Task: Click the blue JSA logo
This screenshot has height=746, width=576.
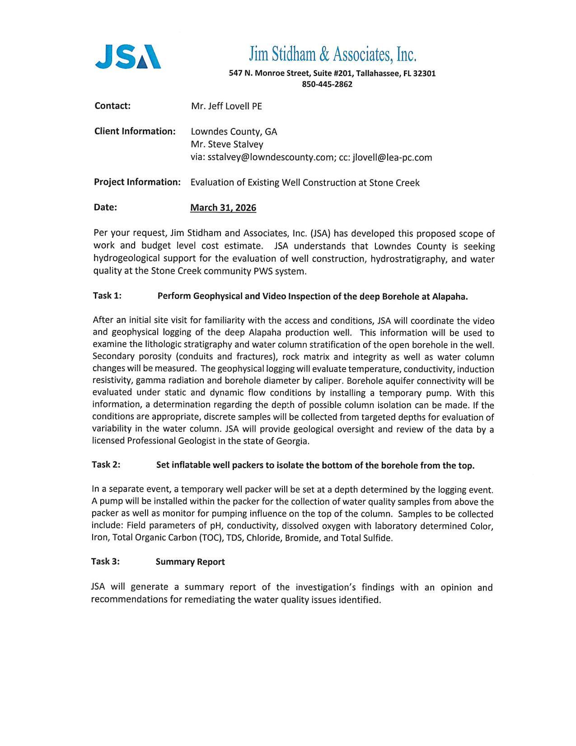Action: click(128, 57)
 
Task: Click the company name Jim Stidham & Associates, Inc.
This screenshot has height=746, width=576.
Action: click(332, 55)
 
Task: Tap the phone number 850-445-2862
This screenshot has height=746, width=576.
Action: click(327, 84)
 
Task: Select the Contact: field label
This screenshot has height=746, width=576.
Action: click(112, 106)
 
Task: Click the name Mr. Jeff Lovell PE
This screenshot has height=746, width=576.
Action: click(226, 106)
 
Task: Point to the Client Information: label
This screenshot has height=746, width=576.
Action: click(135, 132)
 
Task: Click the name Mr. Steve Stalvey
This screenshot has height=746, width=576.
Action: click(227, 144)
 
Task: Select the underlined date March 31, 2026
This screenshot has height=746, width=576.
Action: click(223, 208)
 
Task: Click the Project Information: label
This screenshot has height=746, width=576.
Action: click(137, 182)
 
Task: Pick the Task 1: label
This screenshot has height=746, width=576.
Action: click(107, 296)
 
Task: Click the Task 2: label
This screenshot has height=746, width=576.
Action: click(106, 465)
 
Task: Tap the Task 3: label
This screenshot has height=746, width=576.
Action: click(105, 562)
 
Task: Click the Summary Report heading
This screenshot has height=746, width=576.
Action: click(190, 562)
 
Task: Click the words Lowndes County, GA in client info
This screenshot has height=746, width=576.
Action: click(234, 132)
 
